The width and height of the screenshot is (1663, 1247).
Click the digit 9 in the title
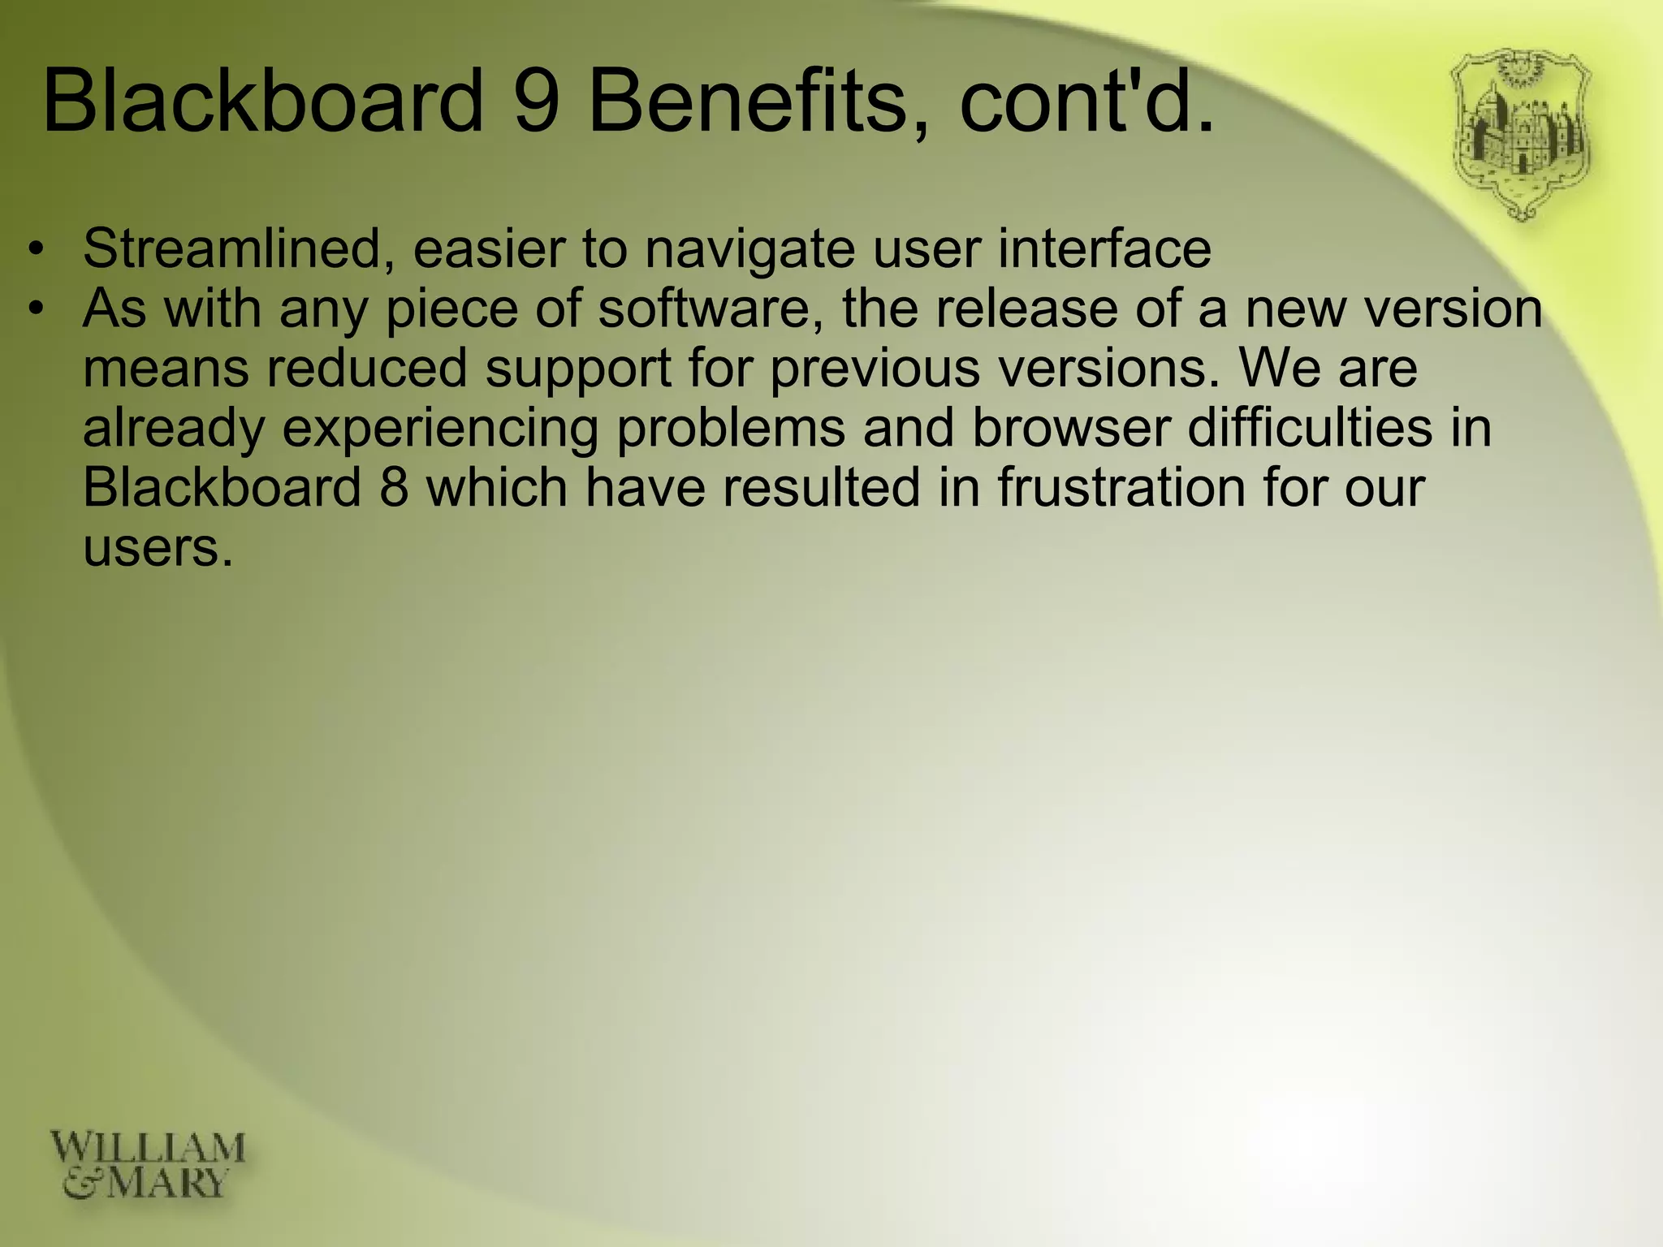pos(540,101)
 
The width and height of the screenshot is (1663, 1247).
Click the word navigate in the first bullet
pos(749,250)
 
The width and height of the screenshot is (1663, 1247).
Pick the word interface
pos(1104,248)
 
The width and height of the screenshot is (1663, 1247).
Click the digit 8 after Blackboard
pos(393,488)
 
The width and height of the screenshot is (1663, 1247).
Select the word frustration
pos(1121,488)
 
